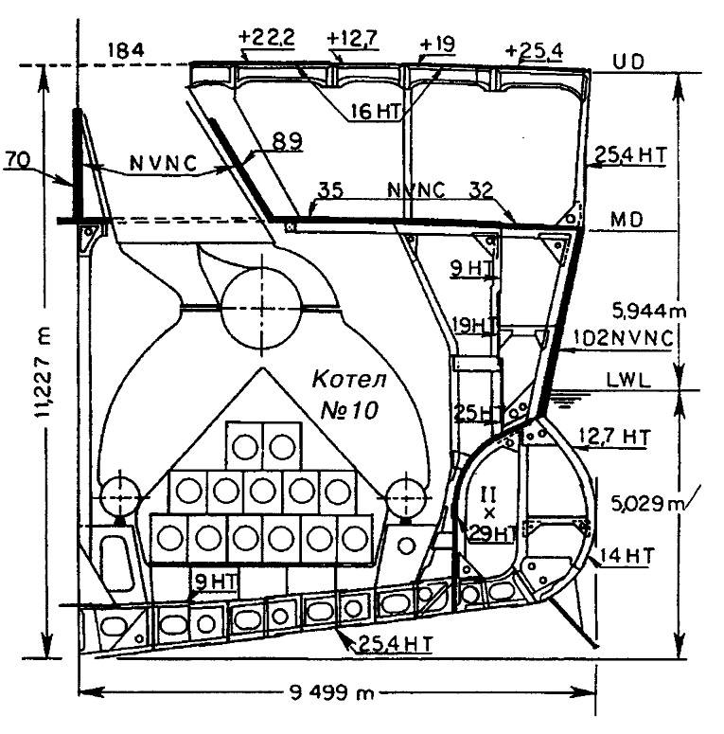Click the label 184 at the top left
click(126, 50)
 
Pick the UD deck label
click(625, 61)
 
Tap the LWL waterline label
click(628, 377)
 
